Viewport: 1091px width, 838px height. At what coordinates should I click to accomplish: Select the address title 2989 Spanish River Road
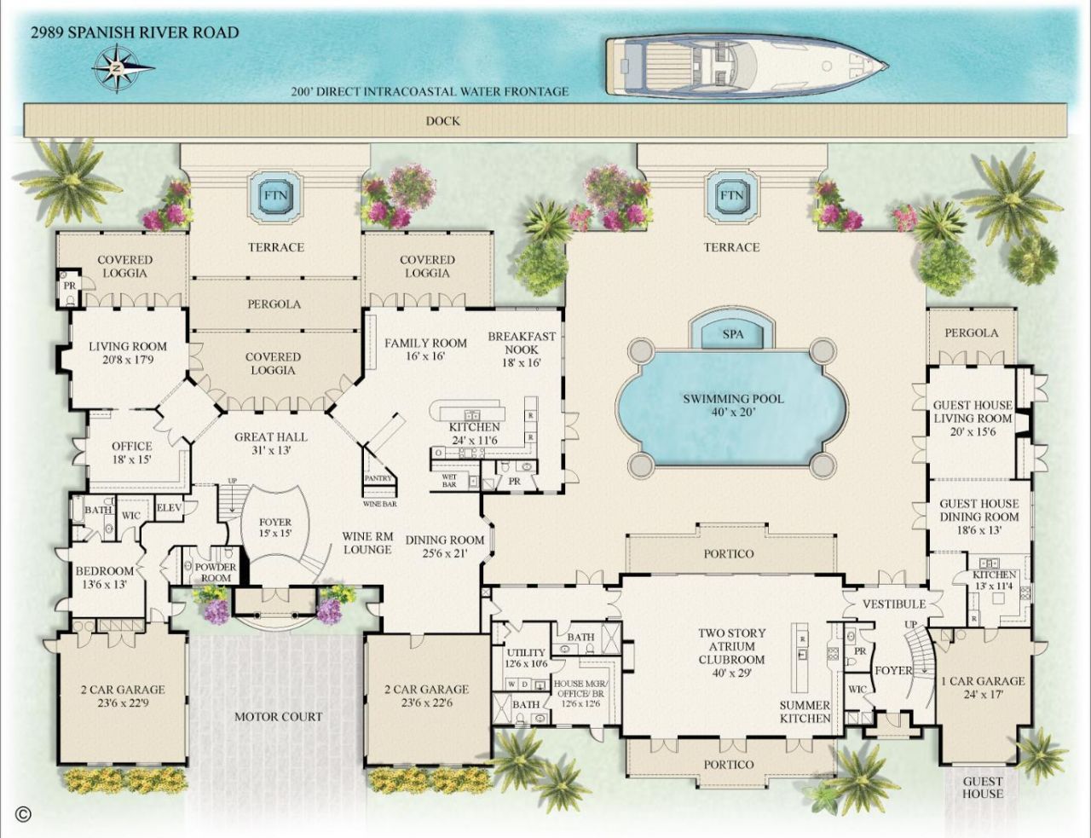pyautogui.click(x=135, y=33)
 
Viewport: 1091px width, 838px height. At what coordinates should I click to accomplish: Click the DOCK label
pyautogui.click(x=442, y=121)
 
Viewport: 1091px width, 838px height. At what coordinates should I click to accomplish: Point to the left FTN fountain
pyautogui.click(x=275, y=195)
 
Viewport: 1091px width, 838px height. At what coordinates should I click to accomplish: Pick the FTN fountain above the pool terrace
pyautogui.click(x=730, y=195)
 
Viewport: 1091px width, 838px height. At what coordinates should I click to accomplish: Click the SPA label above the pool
pyautogui.click(x=732, y=334)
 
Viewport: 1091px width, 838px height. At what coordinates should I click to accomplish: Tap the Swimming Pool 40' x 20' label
pyautogui.click(x=733, y=405)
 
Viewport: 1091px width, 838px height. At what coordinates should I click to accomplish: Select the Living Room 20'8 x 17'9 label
pyautogui.click(x=128, y=353)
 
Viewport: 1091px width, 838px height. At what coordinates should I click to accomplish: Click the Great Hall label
pyautogui.click(x=271, y=443)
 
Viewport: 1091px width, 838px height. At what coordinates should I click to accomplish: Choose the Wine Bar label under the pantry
pyautogui.click(x=380, y=504)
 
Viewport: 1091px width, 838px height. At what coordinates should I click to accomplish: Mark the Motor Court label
pyautogui.click(x=279, y=716)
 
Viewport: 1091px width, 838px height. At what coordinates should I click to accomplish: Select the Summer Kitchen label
pyautogui.click(x=805, y=712)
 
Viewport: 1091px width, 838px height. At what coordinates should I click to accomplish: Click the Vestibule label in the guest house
pyautogui.click(x=893, y=604)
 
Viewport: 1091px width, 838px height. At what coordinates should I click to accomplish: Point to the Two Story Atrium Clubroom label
pyautogui.click(x=731, y=652)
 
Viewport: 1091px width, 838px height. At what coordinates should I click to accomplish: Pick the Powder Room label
pyautogui.click(x=216, y=572)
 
